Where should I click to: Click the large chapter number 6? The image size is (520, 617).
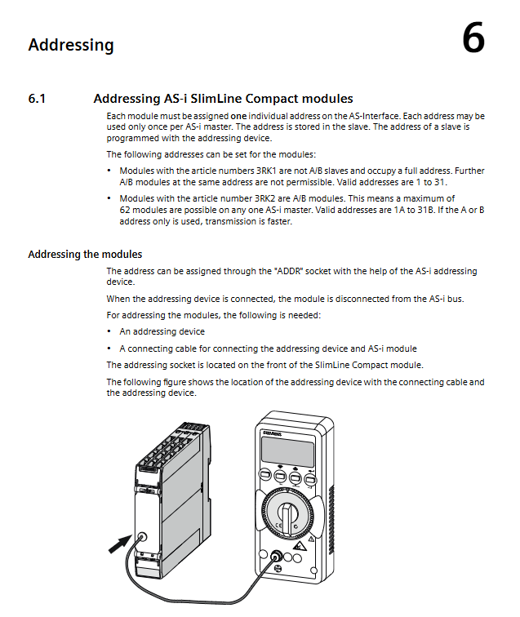473,39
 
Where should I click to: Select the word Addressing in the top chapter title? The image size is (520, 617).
71,45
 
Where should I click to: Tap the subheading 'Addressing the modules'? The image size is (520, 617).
85,254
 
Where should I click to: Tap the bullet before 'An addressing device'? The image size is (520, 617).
109,332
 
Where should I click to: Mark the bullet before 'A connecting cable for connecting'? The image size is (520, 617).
109,348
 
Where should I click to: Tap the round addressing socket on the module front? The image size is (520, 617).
143,537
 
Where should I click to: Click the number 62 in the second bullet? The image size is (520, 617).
126,210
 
